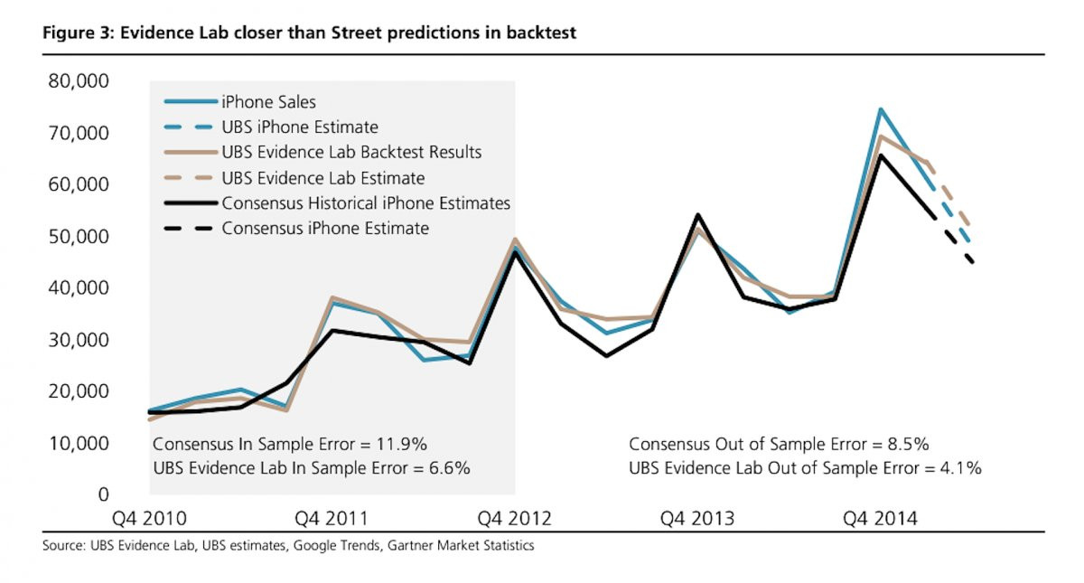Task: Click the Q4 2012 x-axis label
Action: (x=514, y=519)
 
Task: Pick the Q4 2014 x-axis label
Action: (x=880, y=519)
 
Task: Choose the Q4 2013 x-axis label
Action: (x=696, y=519)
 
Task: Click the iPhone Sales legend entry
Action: (x=268, y=102)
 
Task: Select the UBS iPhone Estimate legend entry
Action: (x=299, y=127)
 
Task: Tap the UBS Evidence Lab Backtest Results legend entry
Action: (x=351, y=153)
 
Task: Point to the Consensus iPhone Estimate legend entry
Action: (x=325, y=229)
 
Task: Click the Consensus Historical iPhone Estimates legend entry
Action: (x=366, y=203)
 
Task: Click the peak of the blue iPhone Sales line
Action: (x=880, y=109)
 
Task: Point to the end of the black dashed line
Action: (x=972, y=263)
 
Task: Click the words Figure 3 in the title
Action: (x=74, y=33)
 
